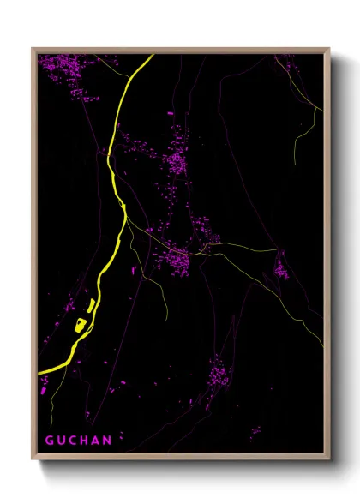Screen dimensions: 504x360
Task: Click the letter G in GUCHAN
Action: (50, 441)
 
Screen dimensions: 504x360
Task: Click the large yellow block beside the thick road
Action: (81, 324)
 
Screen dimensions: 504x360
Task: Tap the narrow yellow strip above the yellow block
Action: (91, 306)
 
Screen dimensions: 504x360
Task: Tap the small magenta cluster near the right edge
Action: (280, 270)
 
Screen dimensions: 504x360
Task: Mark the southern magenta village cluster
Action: (219, 374)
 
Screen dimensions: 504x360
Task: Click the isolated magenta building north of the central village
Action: (169, 113)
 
